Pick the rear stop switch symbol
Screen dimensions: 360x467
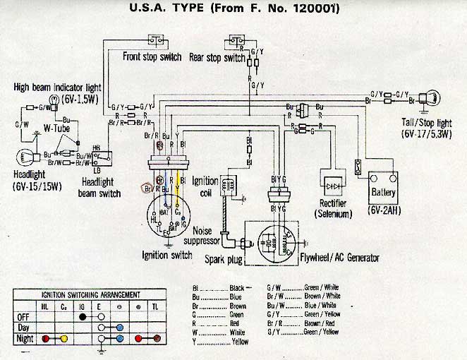click(235, 41)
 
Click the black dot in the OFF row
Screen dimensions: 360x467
click(82, 317)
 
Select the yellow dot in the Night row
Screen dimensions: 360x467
click(63, 339)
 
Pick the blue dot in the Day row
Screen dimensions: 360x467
click(121, 328)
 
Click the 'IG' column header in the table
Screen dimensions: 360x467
click(83, 306)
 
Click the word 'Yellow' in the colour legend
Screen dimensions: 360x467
click(241, 342)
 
